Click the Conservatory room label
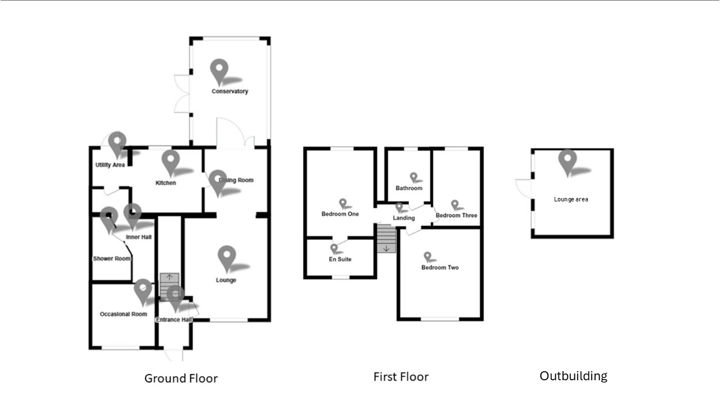(x=229, y=91)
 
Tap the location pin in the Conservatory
(x=219, y=70)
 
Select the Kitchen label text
(x=166, y=183)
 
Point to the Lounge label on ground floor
(x=226, y=280)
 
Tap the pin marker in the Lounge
(x=227, y=257)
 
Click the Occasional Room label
(x=123, y=314)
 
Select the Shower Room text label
(x=111, y=259)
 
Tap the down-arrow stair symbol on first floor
(x=386, y=247)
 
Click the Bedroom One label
(x=340, y=214)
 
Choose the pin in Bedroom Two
(x=428, y=256)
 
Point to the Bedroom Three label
(x=456, y=215)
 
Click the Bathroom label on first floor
(x=408, y=188)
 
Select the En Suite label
(x=340, y=259)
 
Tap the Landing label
(x=404, y=218)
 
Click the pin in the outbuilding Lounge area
(x=568, y=160)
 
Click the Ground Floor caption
(x=181, y=378)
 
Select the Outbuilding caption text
(x=573, y=376)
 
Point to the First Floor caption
(x=400, y=376)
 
